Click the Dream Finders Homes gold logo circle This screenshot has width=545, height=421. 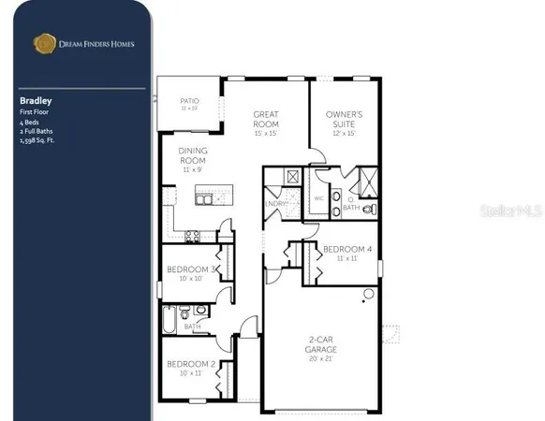(43, 41)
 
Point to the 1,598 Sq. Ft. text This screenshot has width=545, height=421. (40, 136)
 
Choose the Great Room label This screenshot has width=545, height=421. (267, 119)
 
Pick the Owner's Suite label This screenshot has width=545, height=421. (345, 119)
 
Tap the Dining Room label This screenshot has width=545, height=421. (192, 155)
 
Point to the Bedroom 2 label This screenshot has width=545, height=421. (191, 363)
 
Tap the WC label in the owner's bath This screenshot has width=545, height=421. (318, 197)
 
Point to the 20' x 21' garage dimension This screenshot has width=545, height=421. (321, 358)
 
